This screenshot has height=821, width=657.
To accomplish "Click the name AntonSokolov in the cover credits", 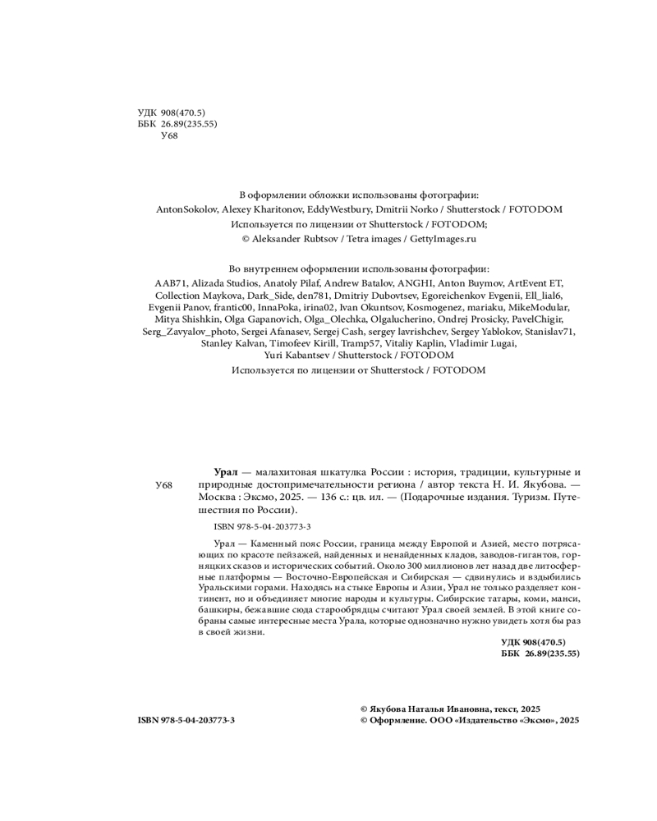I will pos(185,209).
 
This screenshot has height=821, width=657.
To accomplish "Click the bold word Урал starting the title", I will pos(225,472).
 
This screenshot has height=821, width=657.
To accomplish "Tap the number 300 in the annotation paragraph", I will pos(411,566).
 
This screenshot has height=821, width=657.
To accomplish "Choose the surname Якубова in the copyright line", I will pos(394,708).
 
